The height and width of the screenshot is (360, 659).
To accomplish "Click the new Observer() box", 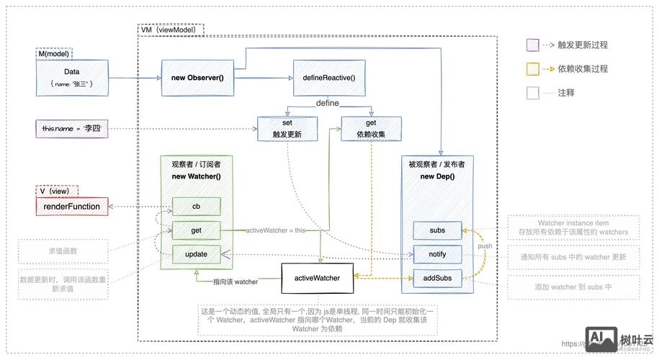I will [x=197, y=78].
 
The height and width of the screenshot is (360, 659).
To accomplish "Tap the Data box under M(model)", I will [x=71, y=78].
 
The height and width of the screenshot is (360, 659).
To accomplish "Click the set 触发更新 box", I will [x=286, y=129].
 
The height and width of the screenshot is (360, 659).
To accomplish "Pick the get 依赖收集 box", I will [x=371, y=129].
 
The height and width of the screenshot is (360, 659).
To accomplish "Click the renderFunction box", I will [x=73, y=207].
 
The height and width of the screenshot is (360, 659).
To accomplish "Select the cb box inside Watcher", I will [x=195, y=207].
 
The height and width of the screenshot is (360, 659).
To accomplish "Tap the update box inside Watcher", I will [x=195, y=254].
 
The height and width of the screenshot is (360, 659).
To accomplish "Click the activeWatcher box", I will [x=316, y=276].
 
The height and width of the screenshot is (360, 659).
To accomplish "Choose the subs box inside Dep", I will [x=436, y=231].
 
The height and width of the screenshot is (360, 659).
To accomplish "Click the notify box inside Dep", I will [x=436, y=254].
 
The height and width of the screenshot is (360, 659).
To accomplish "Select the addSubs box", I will [x=436, y=277].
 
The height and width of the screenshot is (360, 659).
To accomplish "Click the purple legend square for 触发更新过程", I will [x=533, y=45].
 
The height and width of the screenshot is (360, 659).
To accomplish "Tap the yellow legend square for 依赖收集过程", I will [x=533, y=68].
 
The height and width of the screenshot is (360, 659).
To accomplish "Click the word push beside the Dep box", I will [x=485, y=246].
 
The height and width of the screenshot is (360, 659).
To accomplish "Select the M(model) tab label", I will [x=54, y=54].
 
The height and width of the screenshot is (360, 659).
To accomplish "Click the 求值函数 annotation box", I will [x=63, y=251].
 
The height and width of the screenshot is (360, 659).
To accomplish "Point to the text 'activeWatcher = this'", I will [x=275, y=230].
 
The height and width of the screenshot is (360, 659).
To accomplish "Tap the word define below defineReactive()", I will [x=328, y=104].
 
